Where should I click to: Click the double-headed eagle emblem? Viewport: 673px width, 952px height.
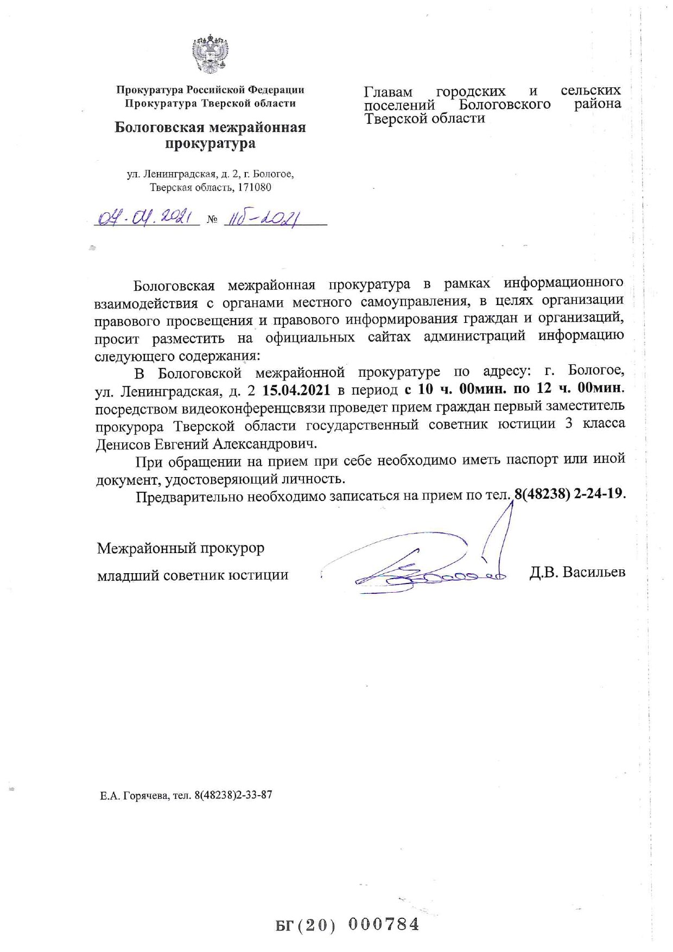point(210,53)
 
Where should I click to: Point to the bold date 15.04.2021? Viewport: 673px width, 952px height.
point(296,390)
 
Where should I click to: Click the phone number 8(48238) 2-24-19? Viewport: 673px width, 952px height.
point(569,494)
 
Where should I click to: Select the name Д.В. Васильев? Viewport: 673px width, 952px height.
point(577,572)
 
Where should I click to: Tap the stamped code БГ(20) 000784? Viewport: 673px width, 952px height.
point(347,924)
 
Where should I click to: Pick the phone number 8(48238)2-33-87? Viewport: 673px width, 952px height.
point(233,796)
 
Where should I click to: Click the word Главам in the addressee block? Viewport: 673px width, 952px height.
point(388,92)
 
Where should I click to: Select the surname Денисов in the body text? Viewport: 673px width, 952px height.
point(123,444)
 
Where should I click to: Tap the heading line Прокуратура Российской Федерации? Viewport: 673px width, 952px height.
point(210,90)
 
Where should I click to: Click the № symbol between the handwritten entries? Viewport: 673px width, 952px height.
point(212,220)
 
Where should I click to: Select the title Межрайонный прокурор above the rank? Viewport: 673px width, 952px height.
point(181,548)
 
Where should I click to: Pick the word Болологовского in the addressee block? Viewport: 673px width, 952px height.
point(505,104)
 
